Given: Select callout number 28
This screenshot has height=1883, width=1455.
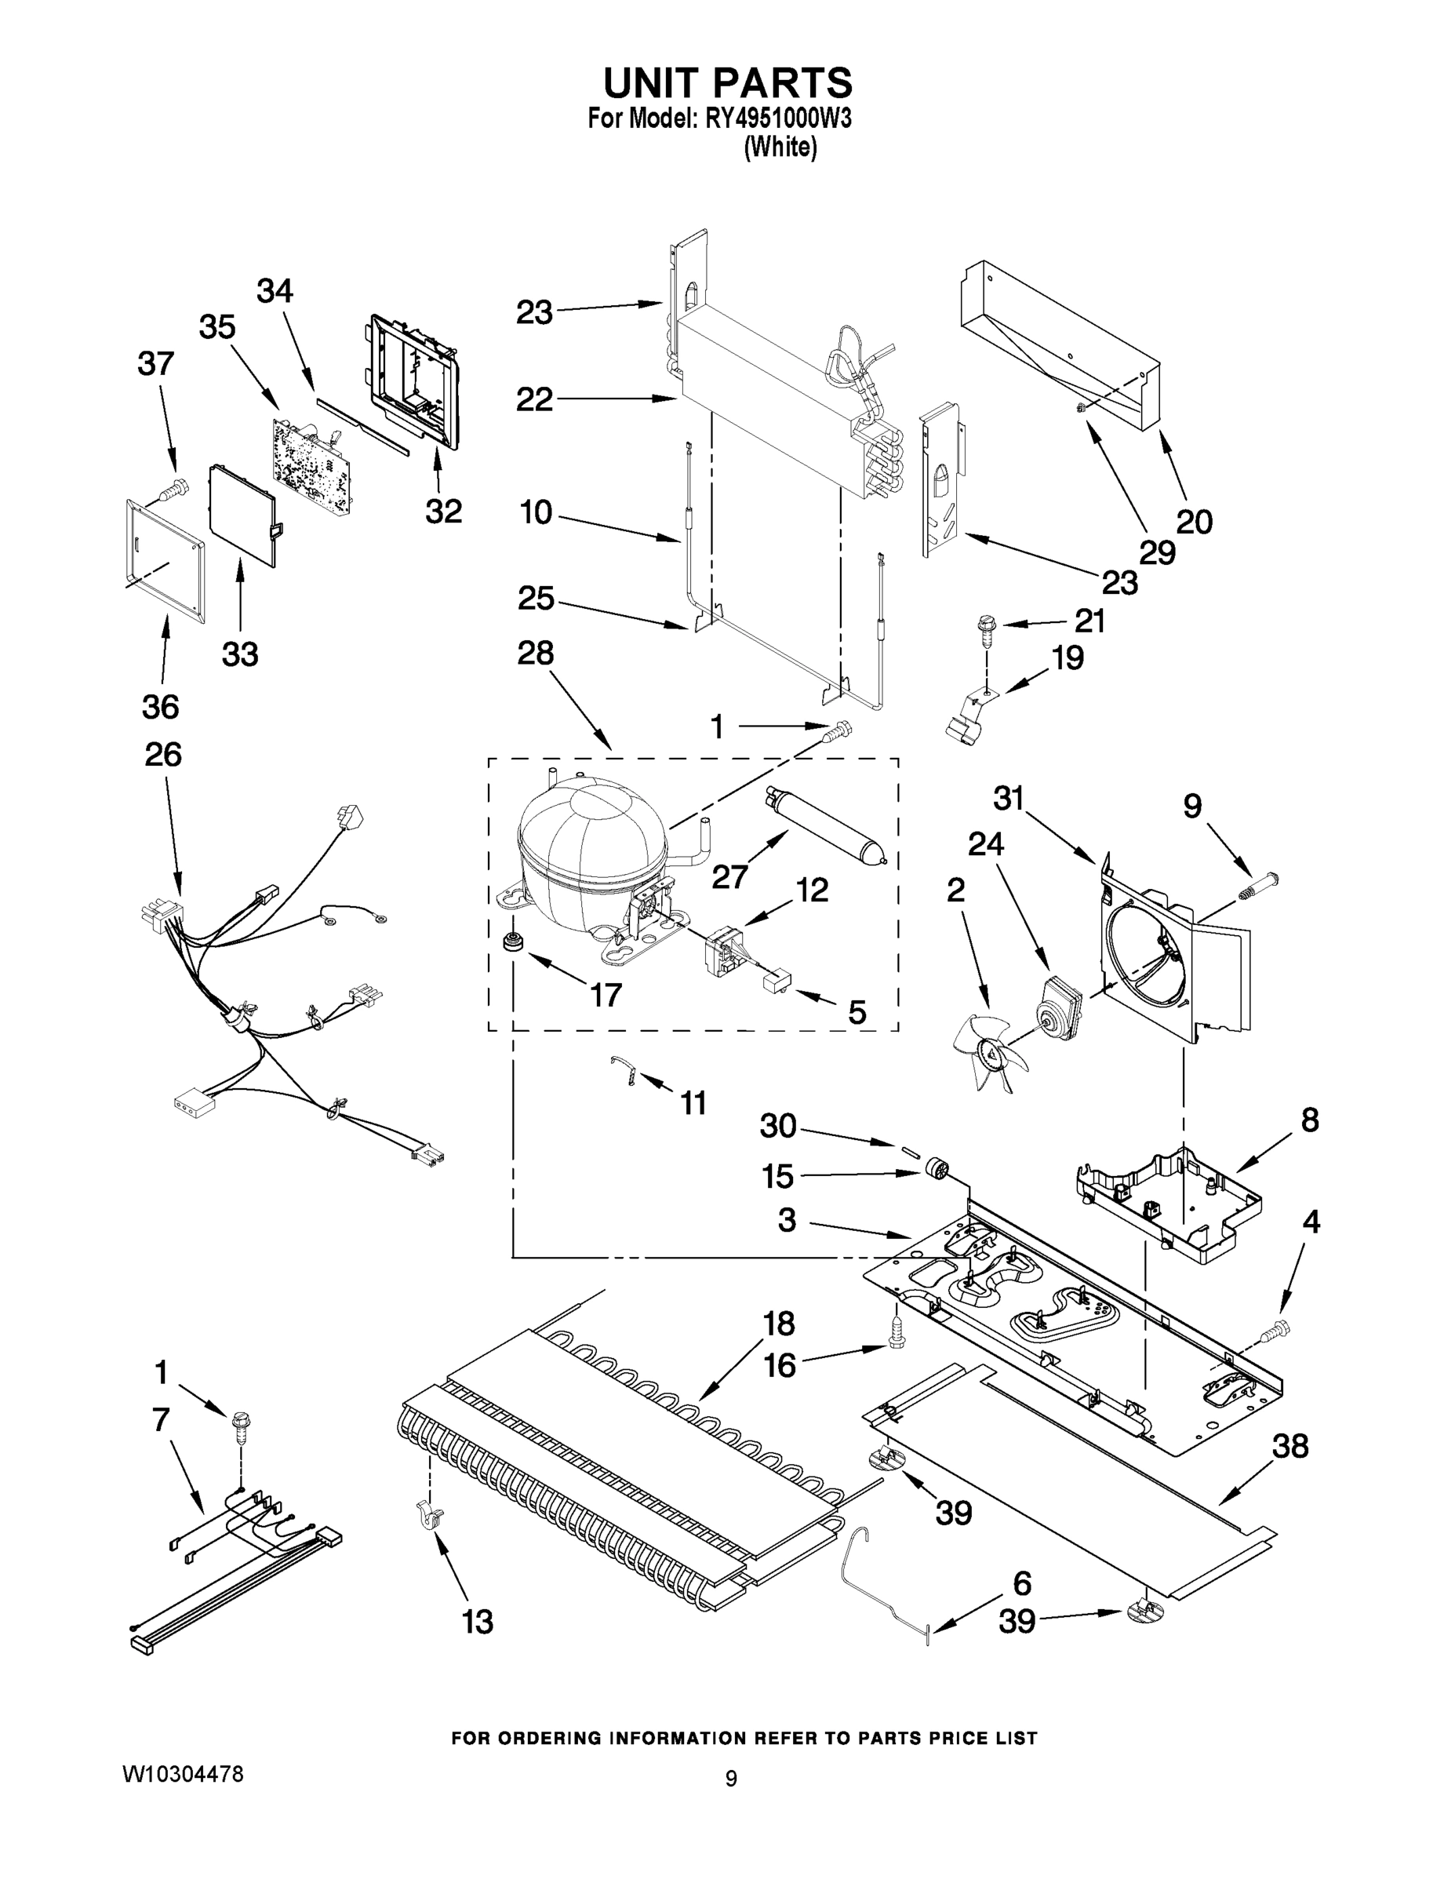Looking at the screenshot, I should [534, 653].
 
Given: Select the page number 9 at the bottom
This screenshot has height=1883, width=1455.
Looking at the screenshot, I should [730, 1778].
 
